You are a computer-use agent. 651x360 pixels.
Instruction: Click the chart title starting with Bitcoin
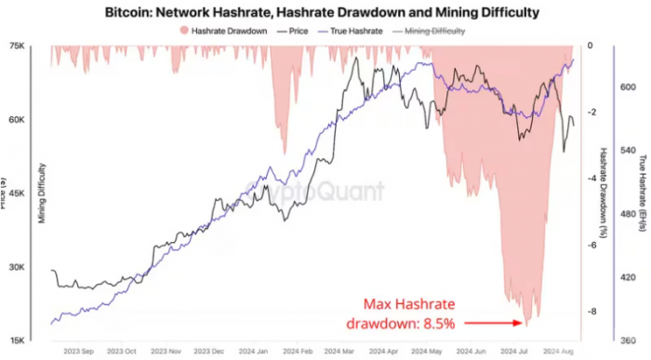point(325,12)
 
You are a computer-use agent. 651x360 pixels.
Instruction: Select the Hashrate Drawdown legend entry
point(224,30)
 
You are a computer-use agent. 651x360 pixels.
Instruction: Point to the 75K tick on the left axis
point(16,47)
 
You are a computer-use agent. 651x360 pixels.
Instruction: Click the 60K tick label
point(16,120)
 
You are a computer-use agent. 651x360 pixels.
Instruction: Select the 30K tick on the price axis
point(16,268)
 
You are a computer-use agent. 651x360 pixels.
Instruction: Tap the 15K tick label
point(16,341)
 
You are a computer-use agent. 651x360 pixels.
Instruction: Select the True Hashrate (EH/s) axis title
point(643,191)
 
